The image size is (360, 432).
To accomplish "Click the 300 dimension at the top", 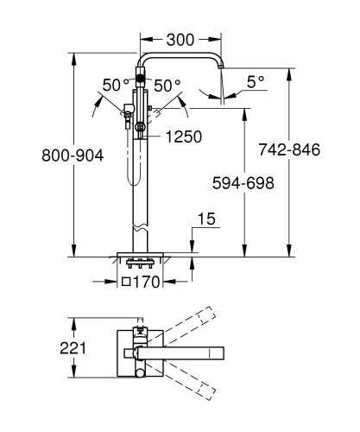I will [x=180, y=39].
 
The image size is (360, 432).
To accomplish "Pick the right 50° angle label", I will [x=168, y=86].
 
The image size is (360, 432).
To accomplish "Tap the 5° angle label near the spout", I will [x=255, y=83].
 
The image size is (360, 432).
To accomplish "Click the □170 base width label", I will [x=142, y=283].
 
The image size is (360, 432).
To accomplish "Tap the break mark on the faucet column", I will [x=141, y=230].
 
